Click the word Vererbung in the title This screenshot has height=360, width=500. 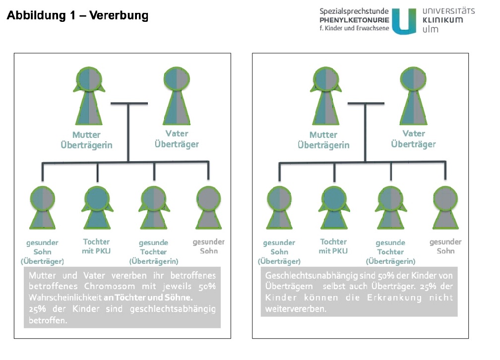click(119, 15)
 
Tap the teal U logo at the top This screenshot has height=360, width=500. click(404, 21)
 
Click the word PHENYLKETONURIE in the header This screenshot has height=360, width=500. click(354, 20)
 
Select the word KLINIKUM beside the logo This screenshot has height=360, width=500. click(442, 20)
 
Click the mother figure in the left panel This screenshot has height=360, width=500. click(89, 96)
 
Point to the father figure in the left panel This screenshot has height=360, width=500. click(177, 96)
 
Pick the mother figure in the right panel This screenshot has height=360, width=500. click(325, 96)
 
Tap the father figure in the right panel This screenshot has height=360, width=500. click(413, 96)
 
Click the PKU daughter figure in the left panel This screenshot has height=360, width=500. click(97, 208)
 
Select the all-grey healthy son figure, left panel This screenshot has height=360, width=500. click(208, 208)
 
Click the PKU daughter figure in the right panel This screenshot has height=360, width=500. click(334, 208)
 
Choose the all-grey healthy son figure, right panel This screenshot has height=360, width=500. click(445, 208)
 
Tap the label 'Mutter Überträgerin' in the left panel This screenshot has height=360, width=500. click(86, 140)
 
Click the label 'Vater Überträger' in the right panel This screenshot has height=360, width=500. click(413, 139)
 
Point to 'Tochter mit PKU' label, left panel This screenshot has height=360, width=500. click(96, 246)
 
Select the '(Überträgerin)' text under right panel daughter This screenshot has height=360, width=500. click(391, 261)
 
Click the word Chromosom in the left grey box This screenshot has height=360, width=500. click(110, 286)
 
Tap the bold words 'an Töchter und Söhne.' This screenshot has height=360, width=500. click(148, 298)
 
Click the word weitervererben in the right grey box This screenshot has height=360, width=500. click(295, 308)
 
